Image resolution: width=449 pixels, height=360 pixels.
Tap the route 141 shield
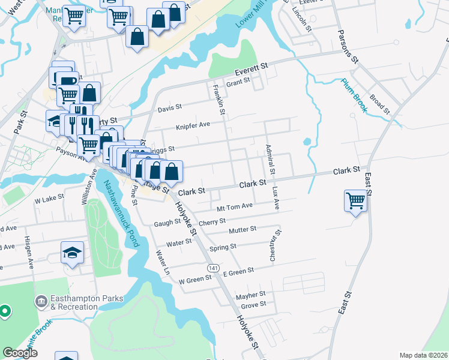pos(214,266)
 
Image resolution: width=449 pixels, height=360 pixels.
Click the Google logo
pos(20,353)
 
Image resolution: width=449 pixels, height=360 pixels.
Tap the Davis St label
pos(170,109)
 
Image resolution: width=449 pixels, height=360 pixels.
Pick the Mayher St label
pos(251,295)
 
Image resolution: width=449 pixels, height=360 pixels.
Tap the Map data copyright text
pos(423,355)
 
